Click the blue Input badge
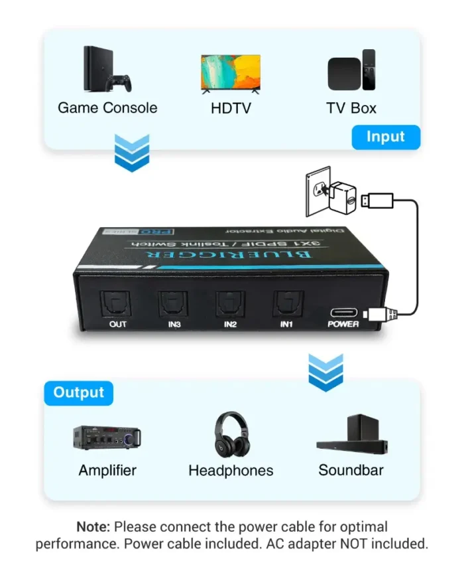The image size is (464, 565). [x=385, y=137]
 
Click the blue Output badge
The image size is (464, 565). [x=79, y=392]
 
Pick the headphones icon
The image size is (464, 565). [x=231, y=434]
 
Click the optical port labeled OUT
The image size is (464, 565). [x=118, y=305]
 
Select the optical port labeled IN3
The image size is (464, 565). [x=173, y=305]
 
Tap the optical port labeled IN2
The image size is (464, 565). [x=230, y=305]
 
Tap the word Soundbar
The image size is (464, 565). [x=351, y=471]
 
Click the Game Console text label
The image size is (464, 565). [x=107, y=108]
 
